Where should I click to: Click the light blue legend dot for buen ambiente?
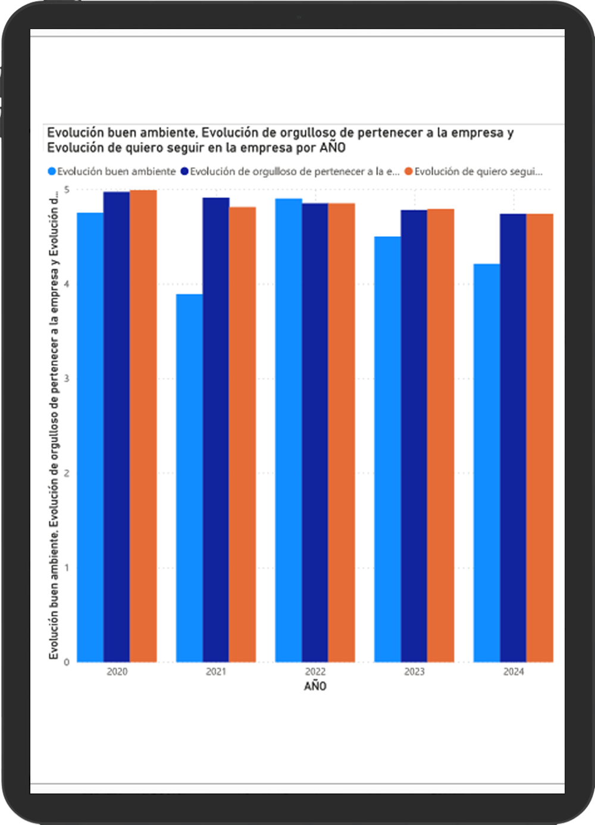click(52, 172)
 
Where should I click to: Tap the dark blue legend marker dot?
click(184, 172)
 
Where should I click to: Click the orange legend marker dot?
click(409, 172)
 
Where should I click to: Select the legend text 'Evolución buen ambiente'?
click(117, 172)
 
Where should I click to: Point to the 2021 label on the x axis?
click(216, 672)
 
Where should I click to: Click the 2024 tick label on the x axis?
click(513, 672)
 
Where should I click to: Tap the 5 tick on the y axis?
click(67, 190)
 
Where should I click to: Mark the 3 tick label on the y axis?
click(67, 378)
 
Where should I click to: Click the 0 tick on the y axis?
click(67, 662)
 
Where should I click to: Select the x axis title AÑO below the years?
click(315, 686)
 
